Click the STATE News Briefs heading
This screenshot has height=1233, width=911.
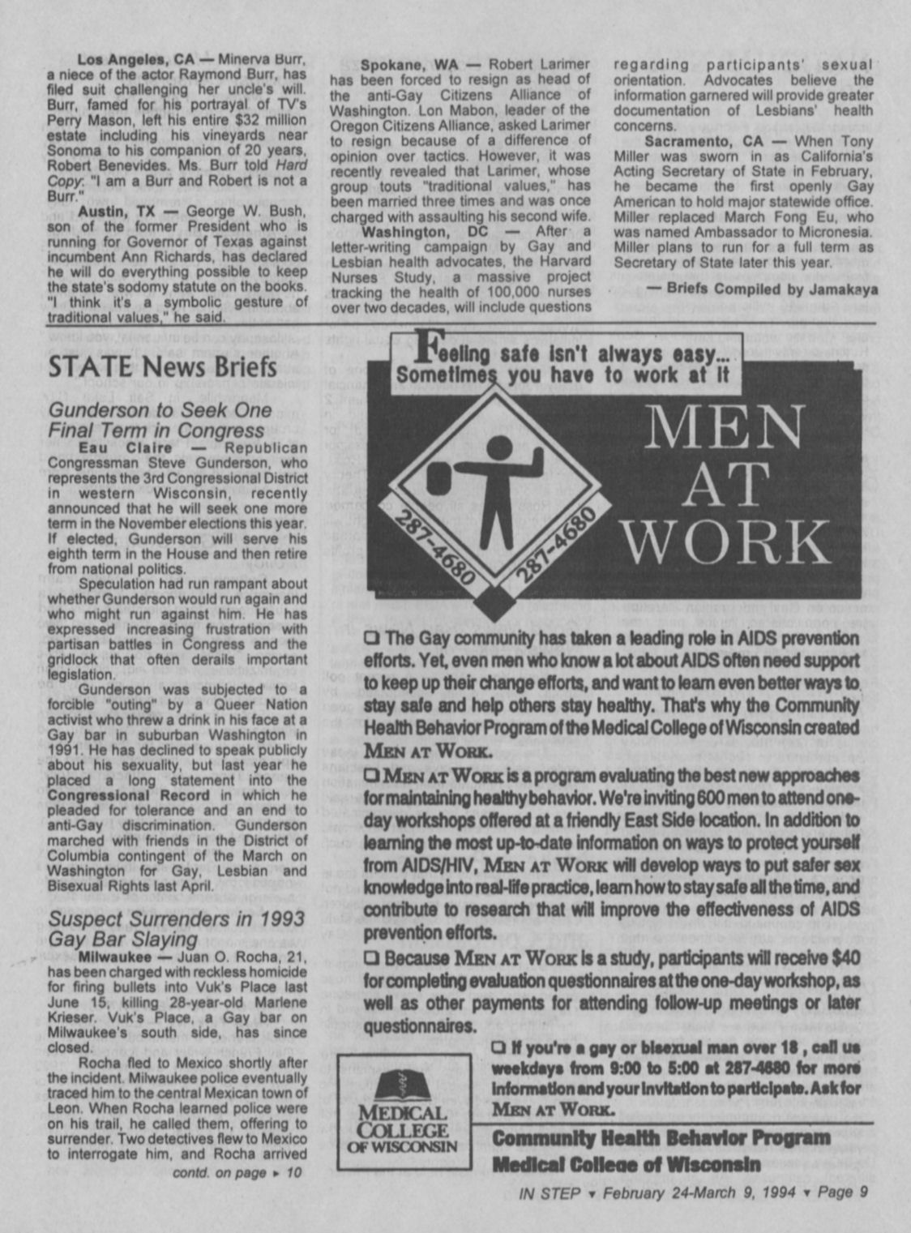(x=162, y=366)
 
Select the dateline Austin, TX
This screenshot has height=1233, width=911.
(x=117, y=212)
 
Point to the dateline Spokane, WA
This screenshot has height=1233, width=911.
(x=409, y=65)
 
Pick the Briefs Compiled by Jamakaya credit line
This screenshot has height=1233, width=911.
(x=761, y=289)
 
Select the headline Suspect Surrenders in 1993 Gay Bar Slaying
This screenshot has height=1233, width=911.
(x=176, y=929)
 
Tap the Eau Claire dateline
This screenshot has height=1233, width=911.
(x=126, y=448)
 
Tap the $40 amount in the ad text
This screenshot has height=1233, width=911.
(x=844, y=958)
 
